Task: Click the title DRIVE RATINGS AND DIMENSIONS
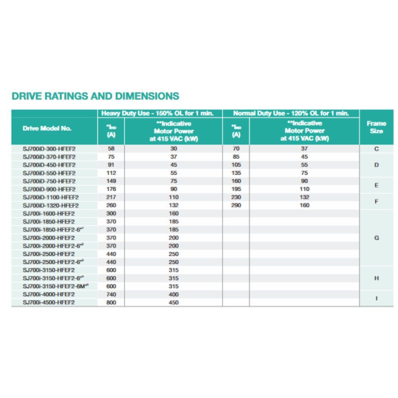(x=95, y=96)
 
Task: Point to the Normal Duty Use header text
(x=291, y=113)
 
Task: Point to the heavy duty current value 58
(x=111, y=148)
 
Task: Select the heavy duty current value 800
(x=111, y=302)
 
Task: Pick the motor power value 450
(x=174, y=302)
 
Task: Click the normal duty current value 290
(x=236, y=205)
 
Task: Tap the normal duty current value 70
(x=236, y=148)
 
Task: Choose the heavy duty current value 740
(x=111, y=294)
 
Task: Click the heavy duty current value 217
(x=111, y=197)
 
